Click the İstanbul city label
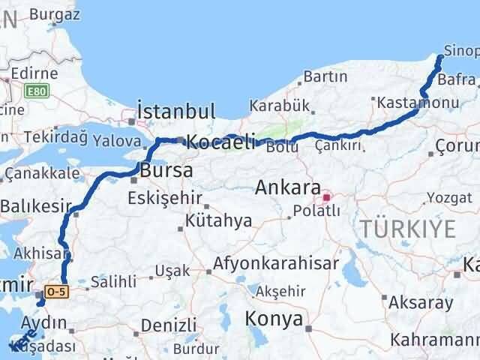178,111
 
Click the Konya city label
274,319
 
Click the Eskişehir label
166,199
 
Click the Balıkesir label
35,205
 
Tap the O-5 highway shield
56,289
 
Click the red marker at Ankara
325,199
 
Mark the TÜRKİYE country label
408,229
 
